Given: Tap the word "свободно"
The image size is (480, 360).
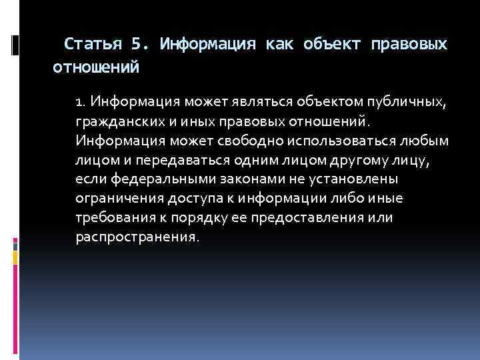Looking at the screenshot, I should tap(247, 141).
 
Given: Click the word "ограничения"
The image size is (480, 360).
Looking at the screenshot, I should tap(118, 199).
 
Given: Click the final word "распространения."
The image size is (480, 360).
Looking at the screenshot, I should tap(137, 238).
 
